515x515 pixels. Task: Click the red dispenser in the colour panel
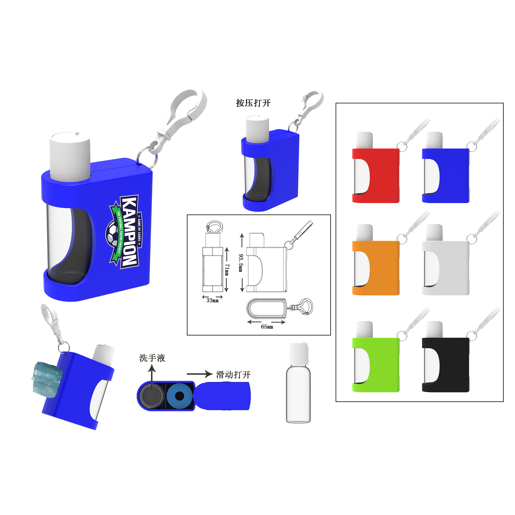point(379,176)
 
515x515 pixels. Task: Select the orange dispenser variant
point(379,268)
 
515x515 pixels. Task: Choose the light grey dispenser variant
point(448,268)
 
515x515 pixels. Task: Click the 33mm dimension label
point(212,301)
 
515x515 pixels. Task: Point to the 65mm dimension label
point(267,327)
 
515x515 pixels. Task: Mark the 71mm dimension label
point(227,270)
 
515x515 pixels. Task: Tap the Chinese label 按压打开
point(253,103)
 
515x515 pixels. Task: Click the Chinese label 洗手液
point(152,358)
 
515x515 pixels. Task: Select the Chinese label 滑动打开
point(233,375)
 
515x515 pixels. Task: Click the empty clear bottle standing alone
point(298,384)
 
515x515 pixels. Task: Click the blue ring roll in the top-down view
point(179,396)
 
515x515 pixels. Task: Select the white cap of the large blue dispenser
point(70,156)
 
